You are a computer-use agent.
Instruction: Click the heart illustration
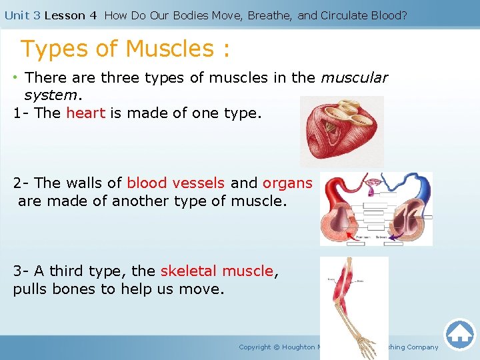[341, 131]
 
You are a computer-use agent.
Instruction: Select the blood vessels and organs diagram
[376, 209]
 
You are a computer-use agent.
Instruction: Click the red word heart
[85, 113]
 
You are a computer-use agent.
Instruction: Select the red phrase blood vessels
[175, 183]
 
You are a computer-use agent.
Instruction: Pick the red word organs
[287, 183]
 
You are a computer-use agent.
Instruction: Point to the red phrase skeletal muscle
[217, 271]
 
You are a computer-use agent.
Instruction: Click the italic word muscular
[354, 77]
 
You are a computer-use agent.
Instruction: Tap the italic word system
[50, 95]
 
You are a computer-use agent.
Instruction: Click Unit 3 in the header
[22, 15]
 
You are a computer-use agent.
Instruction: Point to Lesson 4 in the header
[65, 15]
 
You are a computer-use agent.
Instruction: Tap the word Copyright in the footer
[255, 347]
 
